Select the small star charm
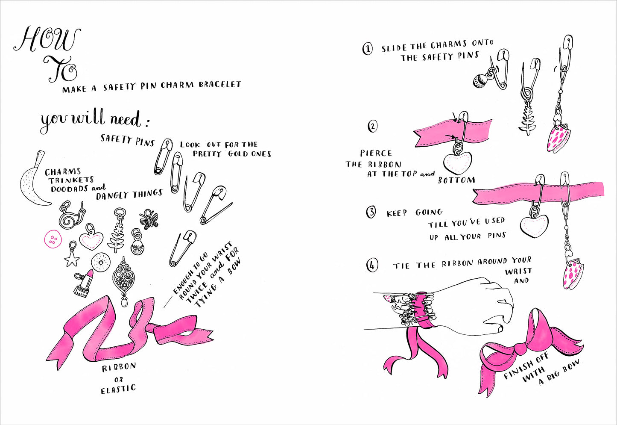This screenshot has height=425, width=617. tap(72, 257)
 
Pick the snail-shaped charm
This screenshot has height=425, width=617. tap(70, 216)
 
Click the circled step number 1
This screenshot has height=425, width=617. tap(367, 48)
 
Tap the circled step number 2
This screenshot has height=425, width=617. tap(373, 126)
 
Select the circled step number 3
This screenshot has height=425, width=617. tap(371, 212)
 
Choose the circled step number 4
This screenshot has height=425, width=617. tap(372, 266)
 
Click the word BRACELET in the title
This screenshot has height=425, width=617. tap(219, 85)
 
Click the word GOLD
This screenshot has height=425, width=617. tap(240, 153)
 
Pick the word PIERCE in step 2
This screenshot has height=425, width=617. tap(376, 153)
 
